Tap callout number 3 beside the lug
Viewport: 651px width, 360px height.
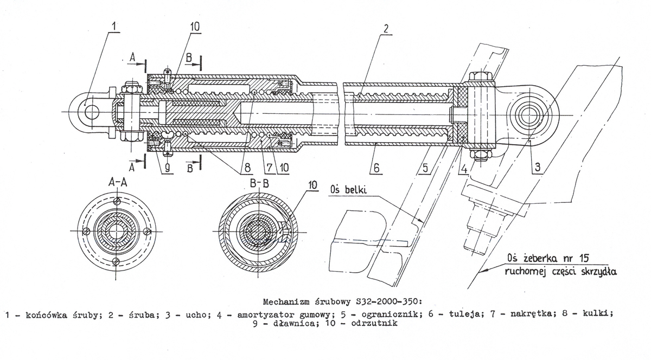[537, 168]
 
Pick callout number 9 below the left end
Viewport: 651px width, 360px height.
[168, 169]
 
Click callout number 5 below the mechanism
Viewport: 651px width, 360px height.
[425, 168]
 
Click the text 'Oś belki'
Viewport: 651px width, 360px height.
[347, 190]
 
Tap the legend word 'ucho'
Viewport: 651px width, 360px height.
[178, 314]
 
